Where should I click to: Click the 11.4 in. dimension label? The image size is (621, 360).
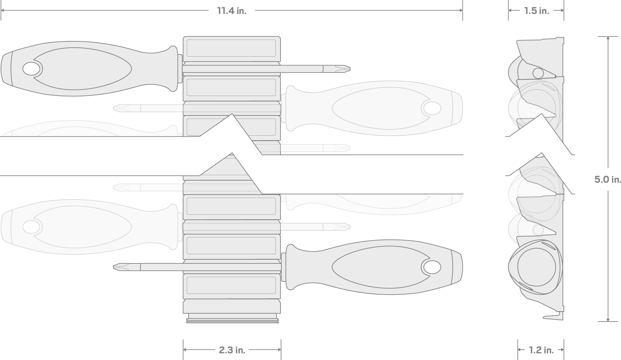pyautogui.click(x=232, y=11)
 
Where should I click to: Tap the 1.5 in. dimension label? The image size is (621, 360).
pyautogui.click(x=536, y=11)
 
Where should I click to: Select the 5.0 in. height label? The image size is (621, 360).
pyautogui.click(x=607, y=180)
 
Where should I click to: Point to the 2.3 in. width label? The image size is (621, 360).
pyautogui.click(x=232, y=350)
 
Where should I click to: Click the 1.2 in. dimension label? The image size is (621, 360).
pyautogui.click(x=541, y=350)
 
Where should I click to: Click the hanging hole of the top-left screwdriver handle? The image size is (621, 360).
pyautogui.click(x=31, y=69)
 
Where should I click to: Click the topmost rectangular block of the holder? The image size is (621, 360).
pyautogui.click(x=231, y=48)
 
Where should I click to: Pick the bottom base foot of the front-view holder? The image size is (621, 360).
pyautogui.click(x=232, y=319)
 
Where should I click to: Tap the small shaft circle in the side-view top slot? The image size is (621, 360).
pyautogui.click(x=538, y=73)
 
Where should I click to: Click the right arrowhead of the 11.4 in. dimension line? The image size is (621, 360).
pyautogui.click(x=461, y=10)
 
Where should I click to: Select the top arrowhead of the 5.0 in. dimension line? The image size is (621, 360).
pyautogui.click(x=608, y=38)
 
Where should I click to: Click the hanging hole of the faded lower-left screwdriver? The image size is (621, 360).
pyautogui.click(x=31, y=227)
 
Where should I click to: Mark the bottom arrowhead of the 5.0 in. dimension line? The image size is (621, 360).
pyautogui.click(x=608, y=320)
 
